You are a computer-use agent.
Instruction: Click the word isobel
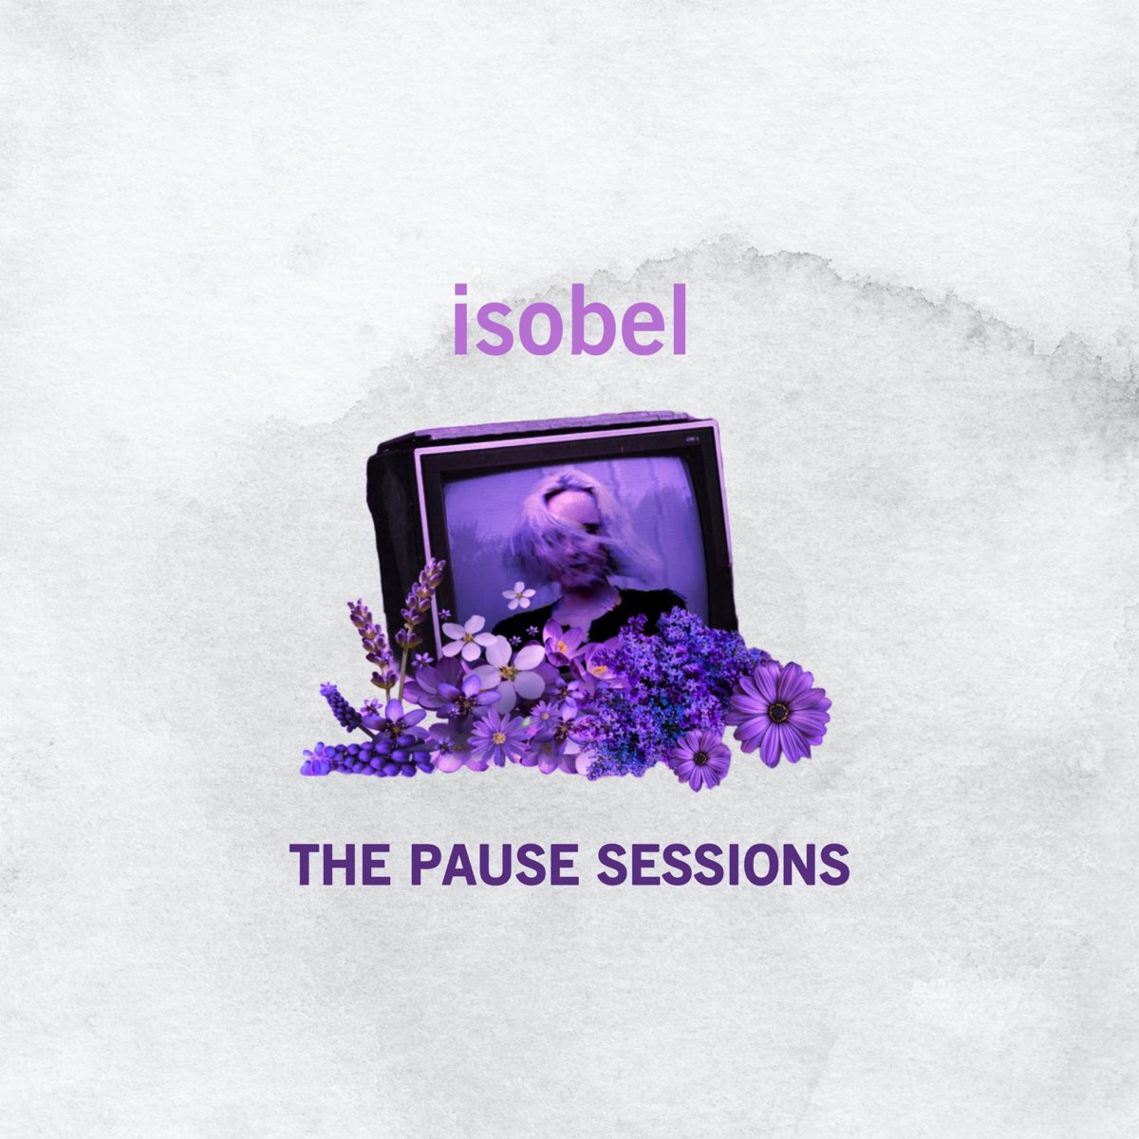(569, 320)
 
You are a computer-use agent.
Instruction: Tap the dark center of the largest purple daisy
(779, 710)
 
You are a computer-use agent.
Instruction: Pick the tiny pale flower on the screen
(519, 595)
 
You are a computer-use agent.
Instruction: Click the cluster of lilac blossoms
(664, 674)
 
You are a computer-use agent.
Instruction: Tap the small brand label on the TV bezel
(691, 439)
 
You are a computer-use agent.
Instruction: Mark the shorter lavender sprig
(366, 631)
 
